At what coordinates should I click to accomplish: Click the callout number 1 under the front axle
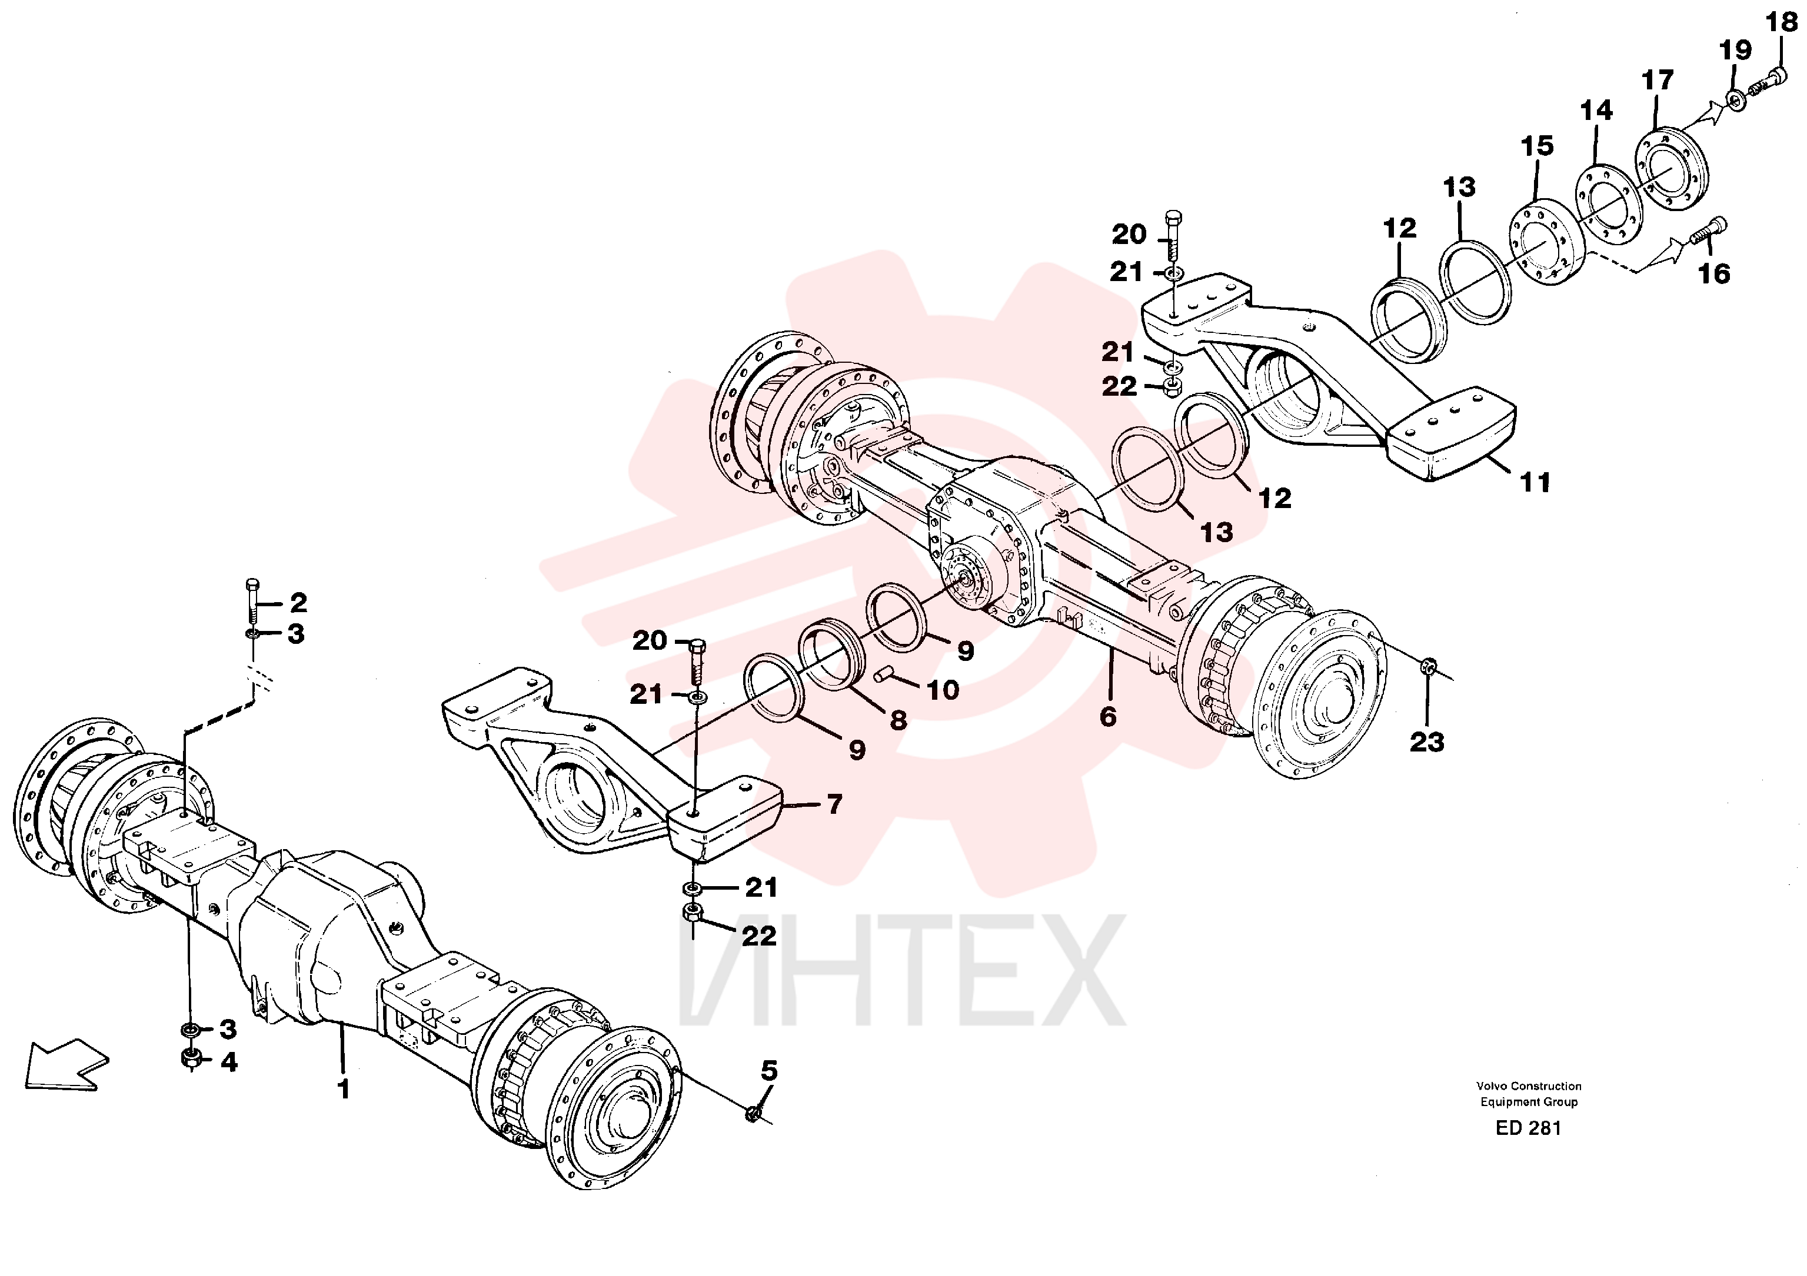coord(343,1089)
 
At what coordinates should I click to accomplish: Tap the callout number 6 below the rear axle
coord(1107,717)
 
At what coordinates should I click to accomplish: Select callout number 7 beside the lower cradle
coord(834,804)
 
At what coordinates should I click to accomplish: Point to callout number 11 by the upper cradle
coord(1535,482)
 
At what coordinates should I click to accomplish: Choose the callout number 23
coord(1427,742)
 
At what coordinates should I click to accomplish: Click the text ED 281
coord(1529,1128)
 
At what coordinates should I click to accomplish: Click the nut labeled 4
coord(191,1059)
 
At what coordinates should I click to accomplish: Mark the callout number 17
coord(1658,80)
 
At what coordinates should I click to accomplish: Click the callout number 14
coord(1596,110)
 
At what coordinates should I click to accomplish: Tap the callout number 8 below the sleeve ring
coord(898,720)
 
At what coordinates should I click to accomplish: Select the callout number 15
coord(1537,146)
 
